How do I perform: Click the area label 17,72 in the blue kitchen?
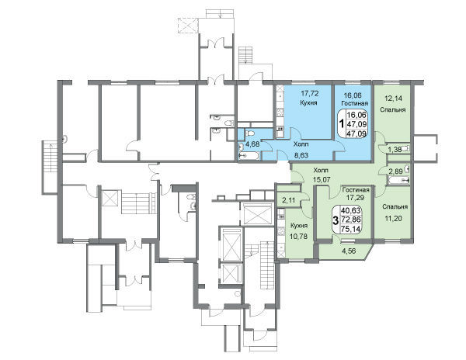310,94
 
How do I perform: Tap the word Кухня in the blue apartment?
308,102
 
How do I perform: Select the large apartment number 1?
342,123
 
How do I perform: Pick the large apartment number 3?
336,221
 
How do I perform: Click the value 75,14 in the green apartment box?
351,229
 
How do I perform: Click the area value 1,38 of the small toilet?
395,150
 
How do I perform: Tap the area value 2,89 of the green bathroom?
395,171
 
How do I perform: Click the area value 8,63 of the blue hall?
301,155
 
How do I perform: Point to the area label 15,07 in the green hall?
322,179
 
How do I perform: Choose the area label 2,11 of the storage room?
289,200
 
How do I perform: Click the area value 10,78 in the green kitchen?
298,237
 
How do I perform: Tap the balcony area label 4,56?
349,251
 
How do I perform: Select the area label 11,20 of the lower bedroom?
394,219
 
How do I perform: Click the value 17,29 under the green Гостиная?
355,196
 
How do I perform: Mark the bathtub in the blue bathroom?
249,155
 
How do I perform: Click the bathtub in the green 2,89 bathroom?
398,180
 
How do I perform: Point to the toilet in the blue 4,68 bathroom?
250,133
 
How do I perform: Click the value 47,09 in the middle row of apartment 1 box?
356,124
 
